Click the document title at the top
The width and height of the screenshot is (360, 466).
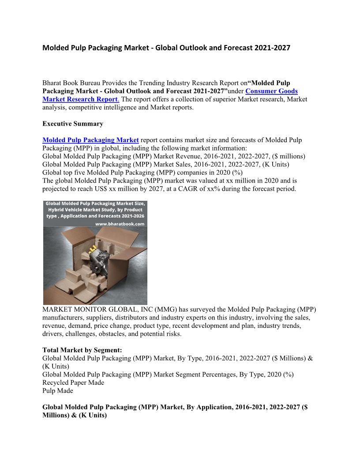pos(166,48)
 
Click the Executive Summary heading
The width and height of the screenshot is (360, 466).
pos(73,124)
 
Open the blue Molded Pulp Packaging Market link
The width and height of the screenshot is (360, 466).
pos(90,140)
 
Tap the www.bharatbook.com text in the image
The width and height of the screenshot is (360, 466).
pos(120,224)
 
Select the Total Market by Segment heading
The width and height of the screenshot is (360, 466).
pos(82,350)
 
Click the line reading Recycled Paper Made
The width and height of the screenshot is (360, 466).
pos(73,383)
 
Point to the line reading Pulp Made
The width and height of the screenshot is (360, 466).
pos(58,391)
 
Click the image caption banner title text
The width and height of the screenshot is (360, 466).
pos(95,210)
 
